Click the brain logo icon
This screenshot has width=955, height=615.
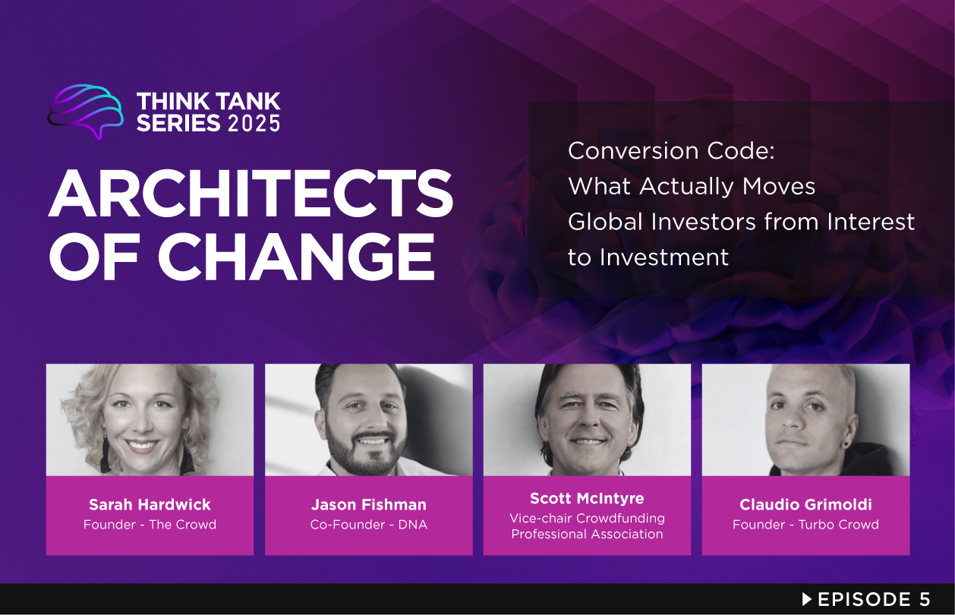tap(85, 111)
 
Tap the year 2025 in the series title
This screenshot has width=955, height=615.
tap(254, 124)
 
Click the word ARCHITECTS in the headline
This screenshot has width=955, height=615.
tap(251, 193)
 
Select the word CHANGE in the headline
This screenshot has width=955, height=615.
tap(296, 257)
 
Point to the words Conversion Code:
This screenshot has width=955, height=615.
tap(671, 150)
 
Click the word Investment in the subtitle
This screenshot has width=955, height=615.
tap(664, 257)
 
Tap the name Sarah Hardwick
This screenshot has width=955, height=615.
tap(150, 505)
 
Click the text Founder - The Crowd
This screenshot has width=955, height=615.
tap(150, 524)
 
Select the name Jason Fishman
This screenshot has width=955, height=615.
tap(369, 505)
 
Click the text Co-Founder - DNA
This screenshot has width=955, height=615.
tap(369, 524)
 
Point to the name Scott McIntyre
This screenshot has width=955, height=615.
tap(587, 498)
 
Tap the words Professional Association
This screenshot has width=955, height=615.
tap(587, 534)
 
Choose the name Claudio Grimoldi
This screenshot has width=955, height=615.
tap(805, 505)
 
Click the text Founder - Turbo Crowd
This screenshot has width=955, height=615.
tap(805, 524)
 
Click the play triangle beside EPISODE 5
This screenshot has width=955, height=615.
tap(807, 599)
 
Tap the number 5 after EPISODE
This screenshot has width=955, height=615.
tap(925, 599)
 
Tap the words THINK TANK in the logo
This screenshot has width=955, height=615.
tap(209, 102)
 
